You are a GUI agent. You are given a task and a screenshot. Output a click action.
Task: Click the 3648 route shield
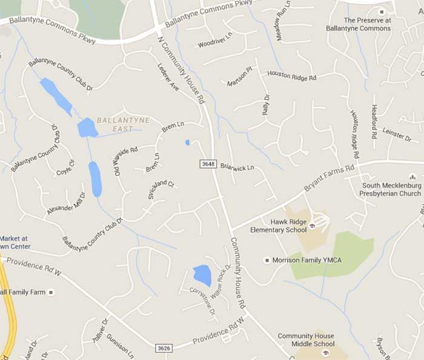click(x=207, y=164)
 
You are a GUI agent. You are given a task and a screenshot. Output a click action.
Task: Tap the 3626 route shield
click(x=163, y=348)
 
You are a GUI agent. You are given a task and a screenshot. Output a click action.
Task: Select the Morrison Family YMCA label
click(x=307, y=260)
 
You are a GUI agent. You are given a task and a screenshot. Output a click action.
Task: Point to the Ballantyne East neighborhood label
click(x=123, y=124)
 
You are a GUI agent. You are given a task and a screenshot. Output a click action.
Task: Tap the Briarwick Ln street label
click(x=237, y=167)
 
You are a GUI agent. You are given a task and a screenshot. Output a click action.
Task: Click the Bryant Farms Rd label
click(x=328, y=178)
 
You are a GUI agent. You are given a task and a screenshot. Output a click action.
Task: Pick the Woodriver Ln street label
click(x=215, y=41)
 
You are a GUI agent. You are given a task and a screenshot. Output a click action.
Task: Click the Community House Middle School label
click(x=306, y=340)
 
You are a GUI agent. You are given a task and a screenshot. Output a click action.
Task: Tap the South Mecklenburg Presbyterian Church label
click(x=391, y=189)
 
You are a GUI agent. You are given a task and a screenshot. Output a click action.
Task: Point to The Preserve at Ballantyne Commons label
click(x=359, y=24)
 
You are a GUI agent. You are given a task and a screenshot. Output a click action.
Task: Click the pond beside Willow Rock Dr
click(x=202, y=275)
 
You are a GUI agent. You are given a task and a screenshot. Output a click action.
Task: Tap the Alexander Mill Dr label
click(x=66, y=202)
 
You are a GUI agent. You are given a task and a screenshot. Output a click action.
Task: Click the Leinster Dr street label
click(x=397, y=135)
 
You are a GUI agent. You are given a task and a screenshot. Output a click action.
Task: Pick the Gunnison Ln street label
click(x=119, y=344)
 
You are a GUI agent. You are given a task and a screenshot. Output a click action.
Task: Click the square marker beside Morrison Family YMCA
click(x=267, y=260)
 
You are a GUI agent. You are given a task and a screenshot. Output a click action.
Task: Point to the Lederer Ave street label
click(x=168, y=78)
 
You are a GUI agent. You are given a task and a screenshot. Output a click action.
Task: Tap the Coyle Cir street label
click(x=65, y=167)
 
